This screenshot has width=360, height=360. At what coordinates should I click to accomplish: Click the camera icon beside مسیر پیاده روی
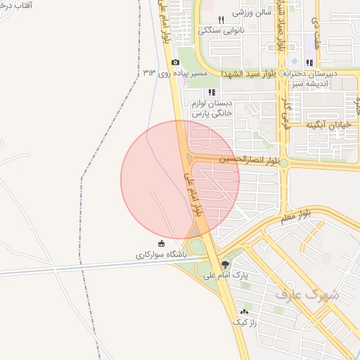[x=175, y=63]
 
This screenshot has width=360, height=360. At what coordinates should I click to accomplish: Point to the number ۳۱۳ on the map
[x=149, y=72]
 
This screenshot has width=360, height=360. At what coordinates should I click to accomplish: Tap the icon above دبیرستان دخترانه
[x=309, y=63]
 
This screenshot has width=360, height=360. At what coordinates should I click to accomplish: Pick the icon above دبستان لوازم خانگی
[x=212, y=92]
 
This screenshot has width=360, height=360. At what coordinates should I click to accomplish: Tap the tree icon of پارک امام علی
[x=225, y=265]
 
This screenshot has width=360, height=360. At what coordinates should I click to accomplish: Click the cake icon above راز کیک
[x=245, y=311]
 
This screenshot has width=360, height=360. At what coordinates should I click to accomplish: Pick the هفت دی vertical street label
[x=315, y=31]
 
